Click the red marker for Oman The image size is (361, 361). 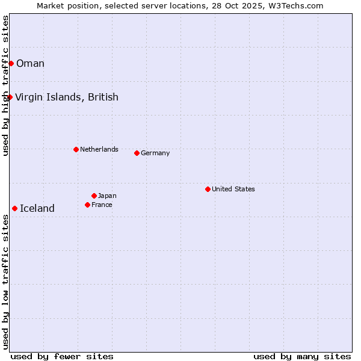11,63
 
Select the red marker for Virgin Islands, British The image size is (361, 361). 10,97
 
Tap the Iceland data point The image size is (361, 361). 14,208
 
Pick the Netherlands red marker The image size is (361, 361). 76,149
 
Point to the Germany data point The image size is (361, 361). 137,153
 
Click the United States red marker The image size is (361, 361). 208,189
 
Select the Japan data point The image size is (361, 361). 94,196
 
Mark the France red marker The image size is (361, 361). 87,205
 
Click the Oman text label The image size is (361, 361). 30,63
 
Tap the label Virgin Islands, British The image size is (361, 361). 66,97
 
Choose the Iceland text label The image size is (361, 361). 37,208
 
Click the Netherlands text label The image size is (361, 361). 99,149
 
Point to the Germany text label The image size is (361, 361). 155,153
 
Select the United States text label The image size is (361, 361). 233,189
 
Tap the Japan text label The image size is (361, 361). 107,196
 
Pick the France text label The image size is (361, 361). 102,205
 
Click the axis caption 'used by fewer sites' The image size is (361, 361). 62,356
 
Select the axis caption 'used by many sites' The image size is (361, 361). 302,356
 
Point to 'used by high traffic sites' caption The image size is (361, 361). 5,85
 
